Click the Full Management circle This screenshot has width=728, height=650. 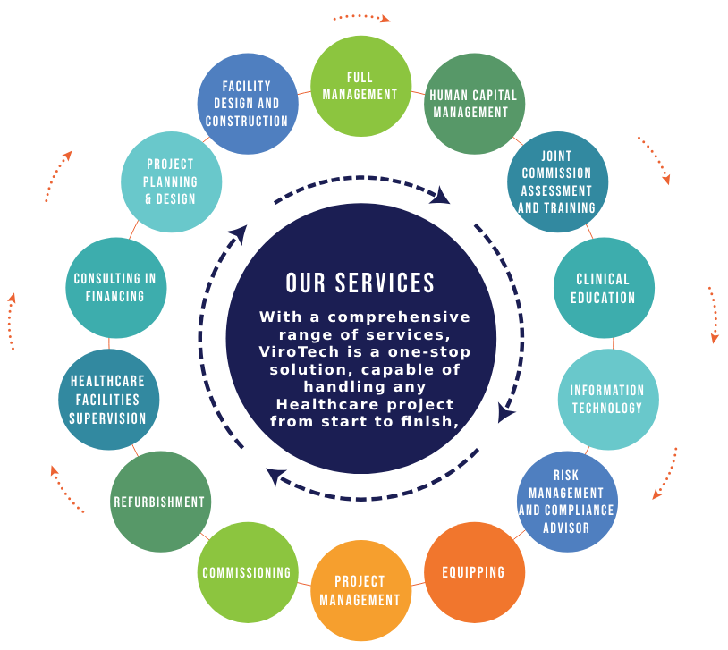coord(360,86)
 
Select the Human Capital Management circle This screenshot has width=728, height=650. coord(473,104)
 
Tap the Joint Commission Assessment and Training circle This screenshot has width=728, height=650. coord(557,182)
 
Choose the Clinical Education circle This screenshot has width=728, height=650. coord(604,288)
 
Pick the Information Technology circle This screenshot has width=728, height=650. coord(607,399)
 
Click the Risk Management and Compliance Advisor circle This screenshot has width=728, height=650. coord(566,501)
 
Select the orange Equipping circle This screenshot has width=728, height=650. coord(474,572)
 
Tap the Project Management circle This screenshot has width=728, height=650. coord(360,591)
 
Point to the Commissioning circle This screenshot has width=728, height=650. coord(247,572)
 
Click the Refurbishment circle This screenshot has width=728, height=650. coord(160,502)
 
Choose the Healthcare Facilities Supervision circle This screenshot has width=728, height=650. coord(108,400)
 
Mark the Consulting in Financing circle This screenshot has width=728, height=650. coord(115,288)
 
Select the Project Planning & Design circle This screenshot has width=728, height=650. coord(171,182)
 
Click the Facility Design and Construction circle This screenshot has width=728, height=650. coord(247,104)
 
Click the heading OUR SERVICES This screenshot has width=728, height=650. coord(360,283)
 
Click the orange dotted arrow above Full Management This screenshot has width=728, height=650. coord(361,17)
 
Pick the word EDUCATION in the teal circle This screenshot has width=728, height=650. coord(604,298)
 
